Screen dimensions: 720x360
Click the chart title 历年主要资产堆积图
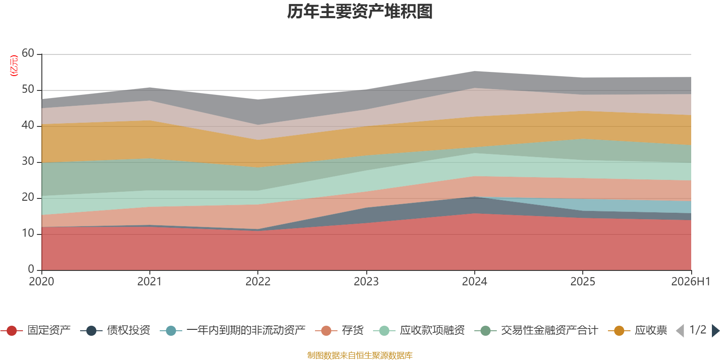[360, 12]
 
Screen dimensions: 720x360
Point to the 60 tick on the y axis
[28, 53]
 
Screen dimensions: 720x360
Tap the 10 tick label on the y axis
[28, 233]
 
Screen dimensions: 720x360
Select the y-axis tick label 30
[28, 161]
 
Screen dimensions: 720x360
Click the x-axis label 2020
[41, 281]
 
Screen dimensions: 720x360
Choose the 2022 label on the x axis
[258, 281]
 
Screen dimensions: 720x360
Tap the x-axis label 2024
[474, 281]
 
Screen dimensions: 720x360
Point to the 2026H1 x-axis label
[691, 281]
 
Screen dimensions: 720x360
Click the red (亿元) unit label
[14, 66]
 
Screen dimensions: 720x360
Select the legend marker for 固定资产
[12, 330]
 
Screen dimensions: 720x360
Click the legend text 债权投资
[129, 330]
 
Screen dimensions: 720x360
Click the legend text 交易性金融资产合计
[549, 330]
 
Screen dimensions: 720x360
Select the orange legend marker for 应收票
[619, 330]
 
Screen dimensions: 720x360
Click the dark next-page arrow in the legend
[715, 330]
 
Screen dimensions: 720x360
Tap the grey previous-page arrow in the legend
[680, 330]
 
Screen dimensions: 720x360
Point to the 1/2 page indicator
[698, 330]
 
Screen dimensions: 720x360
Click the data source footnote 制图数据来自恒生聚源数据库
[360, 355]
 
